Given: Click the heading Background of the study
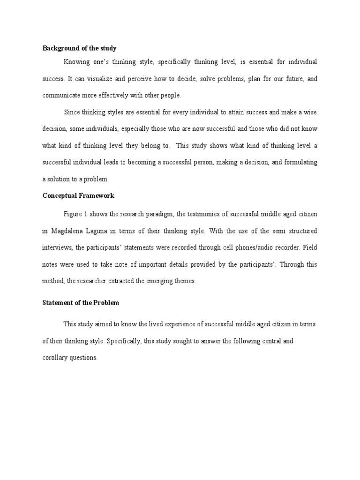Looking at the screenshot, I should (x=79, y=48).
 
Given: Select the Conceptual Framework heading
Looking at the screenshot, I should (x=78, y=195).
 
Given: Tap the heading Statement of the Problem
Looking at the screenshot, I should (x=81, y=303).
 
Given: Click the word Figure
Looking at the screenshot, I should (x=73, y=214).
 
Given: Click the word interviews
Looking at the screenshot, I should (x=57, y=247).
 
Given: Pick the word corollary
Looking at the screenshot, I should (x=55, y=358).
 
